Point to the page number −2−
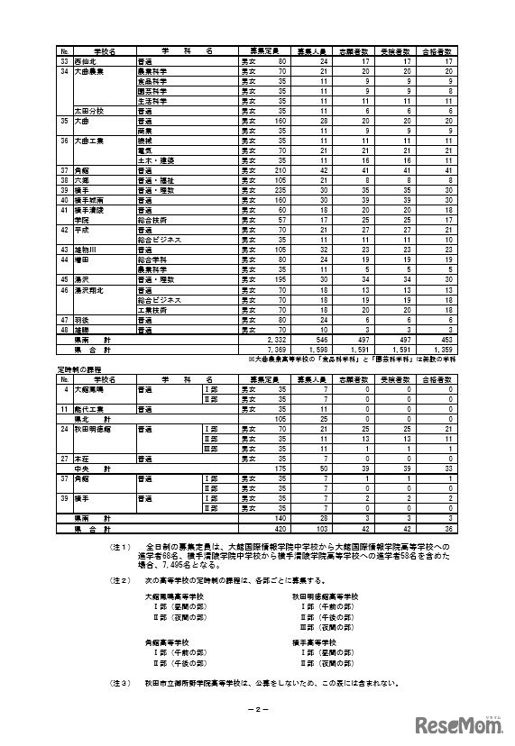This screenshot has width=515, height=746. [257, 709]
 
